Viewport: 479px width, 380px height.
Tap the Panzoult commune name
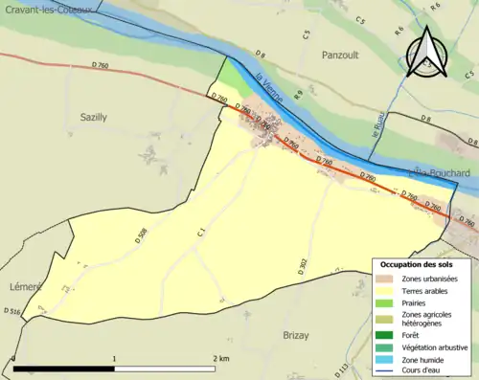click(340, 56)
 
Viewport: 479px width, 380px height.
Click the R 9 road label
click(299, 95)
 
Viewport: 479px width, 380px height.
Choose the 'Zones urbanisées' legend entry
click(428, 279)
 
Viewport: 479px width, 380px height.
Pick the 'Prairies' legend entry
click(416, 302)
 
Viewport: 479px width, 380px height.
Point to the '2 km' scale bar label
click(221, 358)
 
